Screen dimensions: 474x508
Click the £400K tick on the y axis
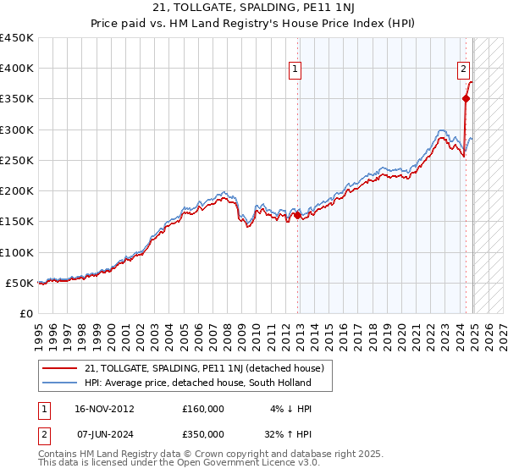[17, 69]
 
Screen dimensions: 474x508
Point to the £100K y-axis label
[17, 252]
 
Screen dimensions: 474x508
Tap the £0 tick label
[27, 313]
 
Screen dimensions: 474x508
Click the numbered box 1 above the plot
[296, 70]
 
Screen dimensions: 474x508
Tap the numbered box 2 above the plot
[464, 70]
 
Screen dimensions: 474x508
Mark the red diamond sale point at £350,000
[466, 99]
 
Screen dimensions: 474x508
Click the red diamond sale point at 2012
[298, 216]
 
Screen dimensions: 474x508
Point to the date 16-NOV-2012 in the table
[103, 409]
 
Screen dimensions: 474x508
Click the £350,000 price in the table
[203, 433]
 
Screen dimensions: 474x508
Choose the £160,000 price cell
[203, 409]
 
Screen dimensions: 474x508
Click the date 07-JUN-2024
[103, 433]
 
